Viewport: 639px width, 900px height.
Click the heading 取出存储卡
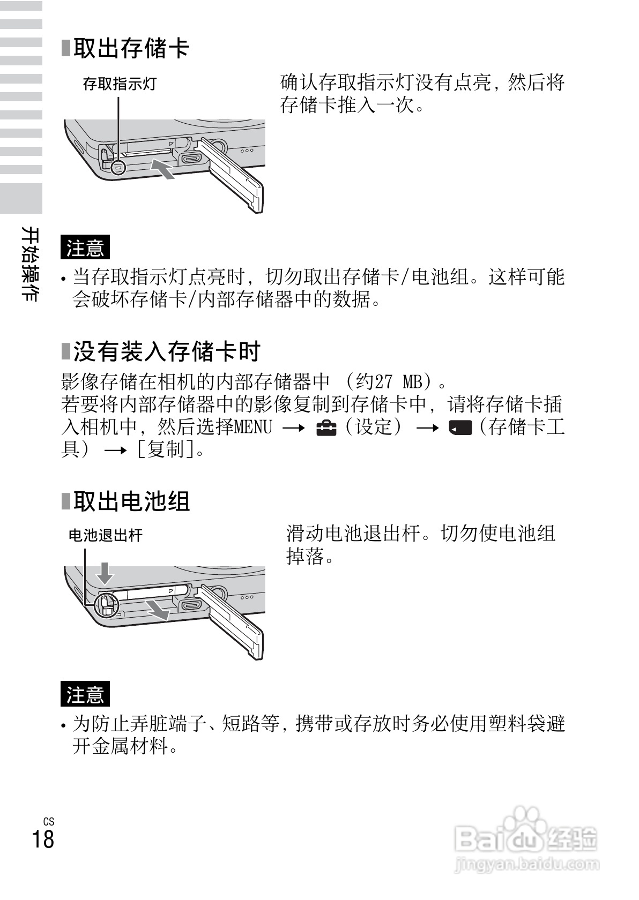pyautogui.click(x=131, y=48)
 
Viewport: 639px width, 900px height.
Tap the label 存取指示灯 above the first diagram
pyautogui.click(x=119, y=84)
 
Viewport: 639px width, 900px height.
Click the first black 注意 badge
pyautogui.click(x=85, y=247)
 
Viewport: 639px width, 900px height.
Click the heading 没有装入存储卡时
pyautogui.click(x=166, y=351)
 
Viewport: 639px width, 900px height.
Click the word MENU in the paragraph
pyautogui.click(x=253, y=427)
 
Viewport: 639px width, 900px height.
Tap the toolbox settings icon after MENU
pyautogui.click(x=326, y=427)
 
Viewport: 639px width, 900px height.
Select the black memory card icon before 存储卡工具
pyautogui.click(x=460, y=427)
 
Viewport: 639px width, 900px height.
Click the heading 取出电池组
pyautogui.click(x=131, y=501)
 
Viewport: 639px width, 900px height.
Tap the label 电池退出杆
pyautogui.click(x=106, y=535)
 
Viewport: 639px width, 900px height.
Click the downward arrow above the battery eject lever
pyautogui.click(x=105, y=573)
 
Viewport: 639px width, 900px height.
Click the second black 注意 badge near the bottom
pyautogui.click(x=85, y=694)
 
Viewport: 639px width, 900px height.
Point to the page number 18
pyautogui.click(x=43, y=839)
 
